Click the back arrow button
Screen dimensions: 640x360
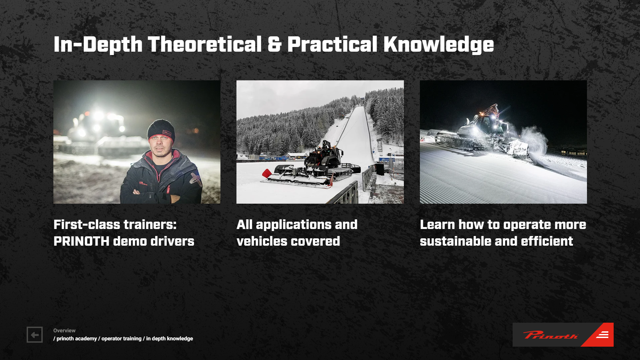[35, 335]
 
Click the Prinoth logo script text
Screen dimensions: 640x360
[550, 335]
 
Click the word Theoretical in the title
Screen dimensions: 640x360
[205, 44]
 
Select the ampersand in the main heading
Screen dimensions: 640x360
[274, 45]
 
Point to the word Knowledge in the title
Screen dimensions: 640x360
[439, 45]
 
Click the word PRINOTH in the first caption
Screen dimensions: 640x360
[81, 241]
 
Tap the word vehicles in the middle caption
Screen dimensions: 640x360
[260, 241]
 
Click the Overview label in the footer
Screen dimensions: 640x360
[64, 330]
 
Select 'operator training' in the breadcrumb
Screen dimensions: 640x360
[121, 338]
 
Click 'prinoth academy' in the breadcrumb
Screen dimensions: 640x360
[77, 338]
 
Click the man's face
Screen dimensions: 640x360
[160, 146]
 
